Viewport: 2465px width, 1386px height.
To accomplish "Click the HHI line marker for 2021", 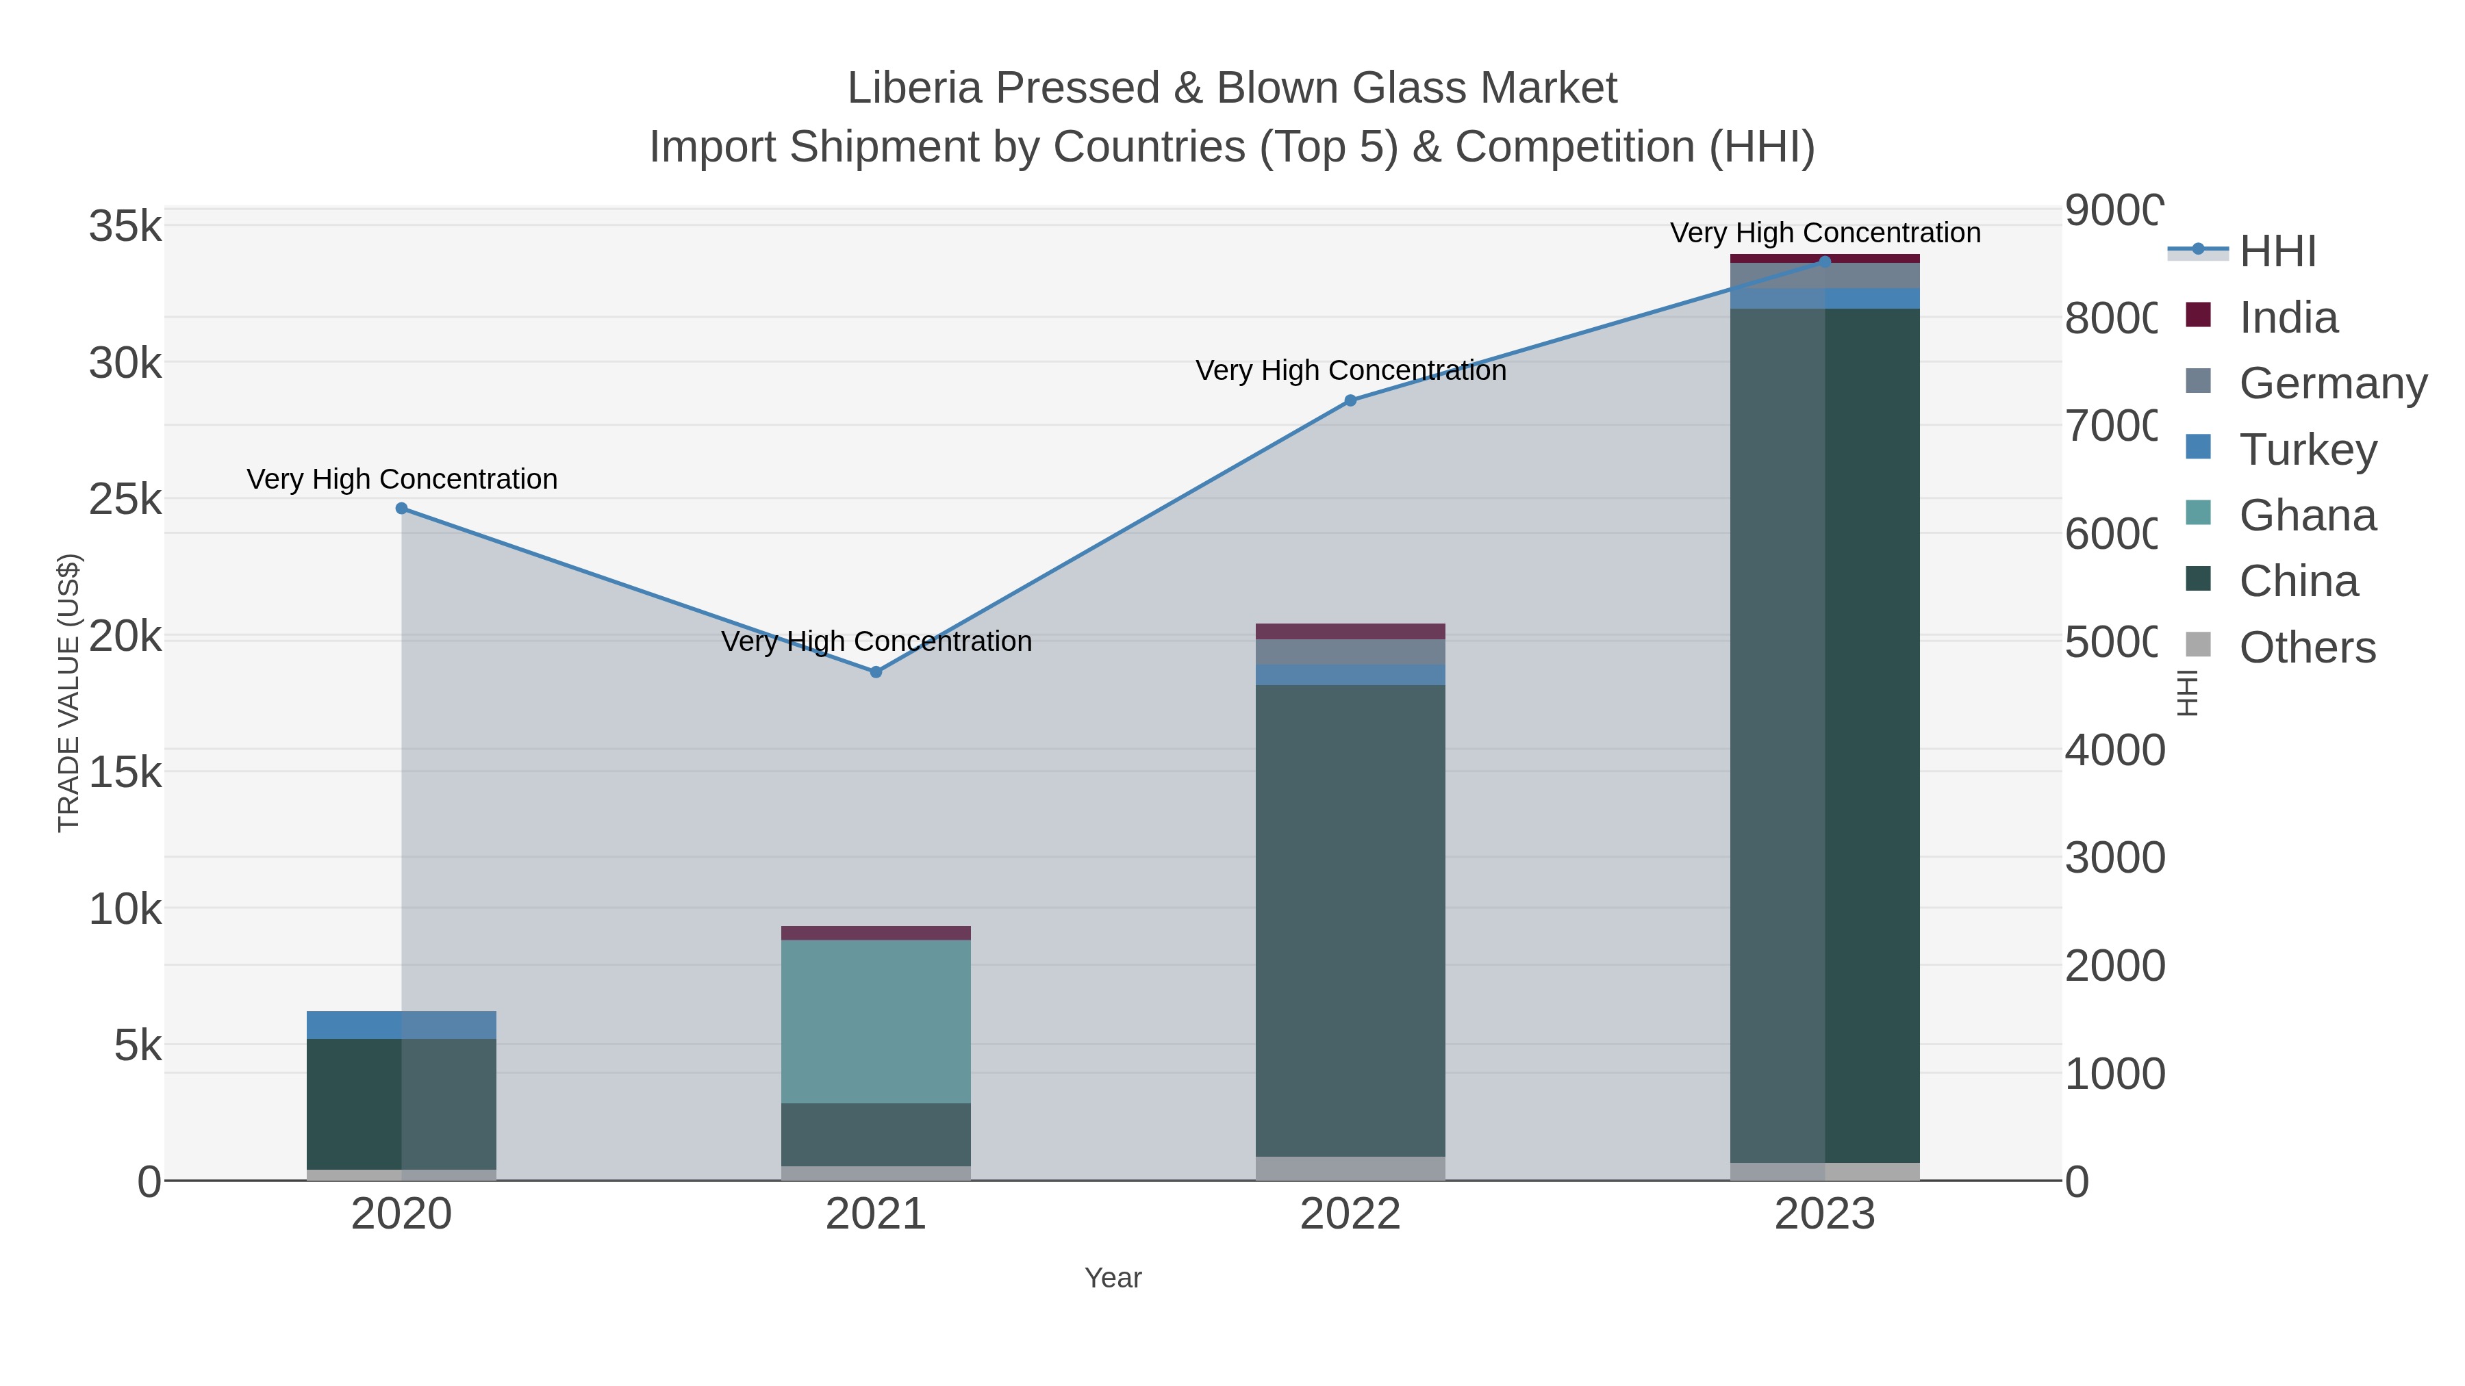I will (x=876, y=672).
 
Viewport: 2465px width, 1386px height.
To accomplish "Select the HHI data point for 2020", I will (x=401, y=509).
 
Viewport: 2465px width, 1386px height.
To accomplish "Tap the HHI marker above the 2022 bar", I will (x=1350, y=401).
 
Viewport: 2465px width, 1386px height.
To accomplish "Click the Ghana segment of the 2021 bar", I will (x=876, y=1022).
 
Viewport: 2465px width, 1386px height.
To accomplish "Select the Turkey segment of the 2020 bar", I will (x=401, y=1025).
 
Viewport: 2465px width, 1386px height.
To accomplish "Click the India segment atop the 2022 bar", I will (x=1350, y=631).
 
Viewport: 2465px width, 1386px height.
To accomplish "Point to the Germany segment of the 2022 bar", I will (x=1350, y=652).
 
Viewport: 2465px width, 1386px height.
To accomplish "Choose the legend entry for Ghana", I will (x=2307, y=515).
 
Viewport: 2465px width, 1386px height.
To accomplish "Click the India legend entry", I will (x=2288, y=318).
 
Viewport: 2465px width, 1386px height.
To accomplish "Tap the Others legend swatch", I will (x=2198, y=645).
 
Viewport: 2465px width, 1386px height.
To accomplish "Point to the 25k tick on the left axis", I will (x=125, y=500).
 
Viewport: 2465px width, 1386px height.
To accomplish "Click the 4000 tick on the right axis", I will (x=2114, y=750).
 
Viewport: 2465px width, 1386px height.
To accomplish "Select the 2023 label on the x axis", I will (x=1824, y=1215).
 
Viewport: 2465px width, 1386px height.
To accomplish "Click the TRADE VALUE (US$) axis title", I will (x=69, y=693).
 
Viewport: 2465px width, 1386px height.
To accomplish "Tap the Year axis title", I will (x=1113, y=1278).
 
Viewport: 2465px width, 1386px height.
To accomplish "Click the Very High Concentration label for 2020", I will (x=402, y=479).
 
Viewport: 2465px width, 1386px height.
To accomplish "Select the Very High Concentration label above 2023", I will (x=1825, y=233).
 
